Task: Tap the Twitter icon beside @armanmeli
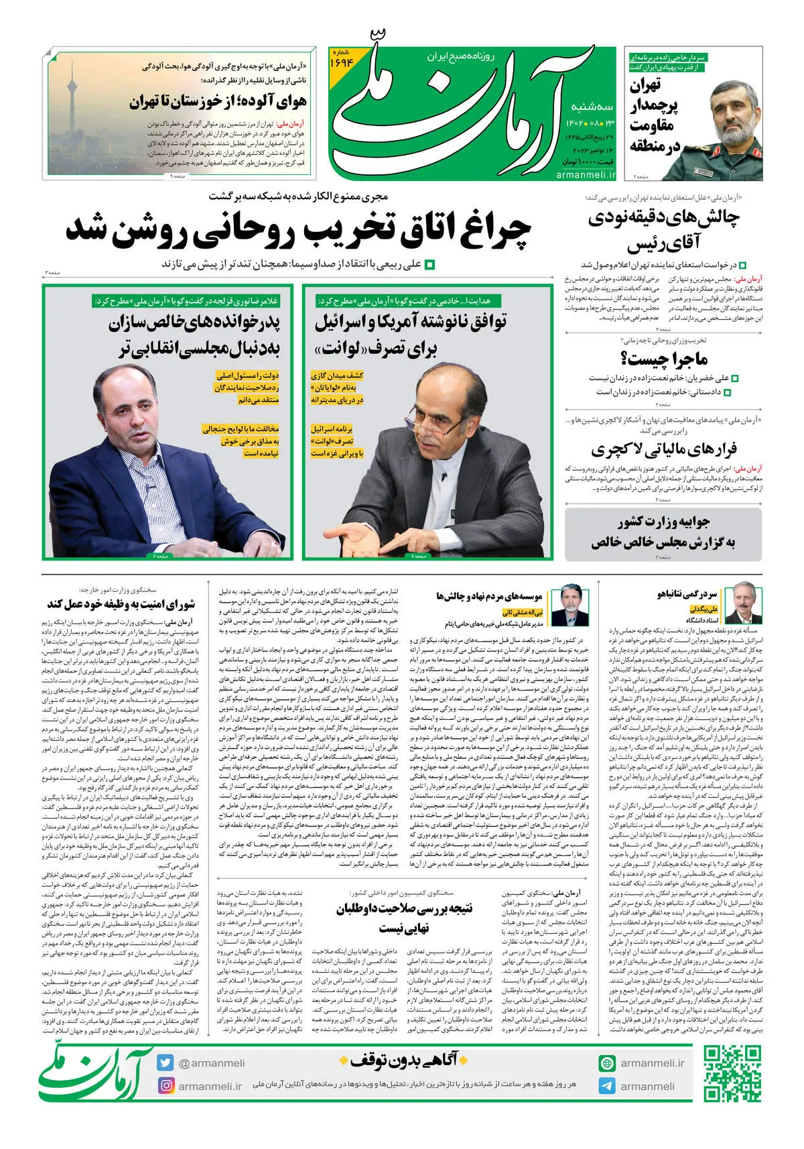point(165,1063)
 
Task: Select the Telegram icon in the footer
point(607,1086)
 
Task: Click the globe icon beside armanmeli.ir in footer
point(607,1063)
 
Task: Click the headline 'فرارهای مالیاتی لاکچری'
point(663,449)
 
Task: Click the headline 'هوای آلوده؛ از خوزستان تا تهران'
point(218,103)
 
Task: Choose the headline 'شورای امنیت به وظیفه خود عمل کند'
point(121,604)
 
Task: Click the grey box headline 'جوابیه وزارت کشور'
point(663,522)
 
